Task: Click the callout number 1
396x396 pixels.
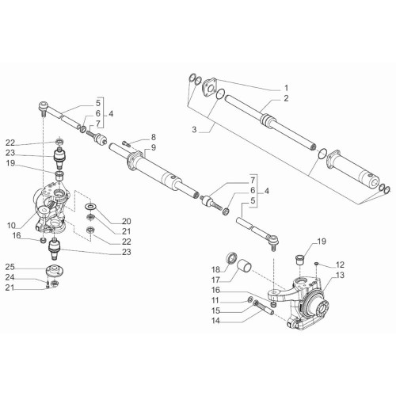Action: click(x=286, y=88)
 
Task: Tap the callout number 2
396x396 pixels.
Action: click(x=286, y=98)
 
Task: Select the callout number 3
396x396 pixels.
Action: click(x=194, y=130)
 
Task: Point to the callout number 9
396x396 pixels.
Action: click(x=154, y=147)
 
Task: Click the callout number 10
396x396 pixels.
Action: click(x=11, y=226)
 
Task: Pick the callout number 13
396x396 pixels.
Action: click(x=340, y=275)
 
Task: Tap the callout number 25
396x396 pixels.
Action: click(x=10, y=267)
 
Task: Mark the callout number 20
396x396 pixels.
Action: click(x=127, y=221)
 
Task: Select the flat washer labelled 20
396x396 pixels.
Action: click(x=91, y=206)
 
